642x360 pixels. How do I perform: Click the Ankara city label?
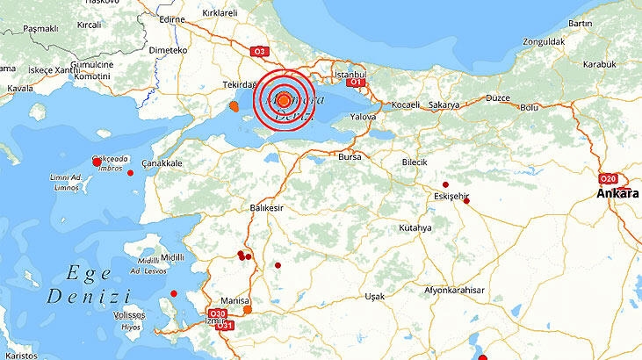617,192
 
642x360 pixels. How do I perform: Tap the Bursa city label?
350,156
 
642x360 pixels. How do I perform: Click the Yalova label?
363,115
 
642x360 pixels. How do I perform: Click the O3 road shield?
258,51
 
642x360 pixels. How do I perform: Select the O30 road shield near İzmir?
217,313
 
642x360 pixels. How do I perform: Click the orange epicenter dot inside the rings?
284,100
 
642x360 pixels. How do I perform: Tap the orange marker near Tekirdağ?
234,107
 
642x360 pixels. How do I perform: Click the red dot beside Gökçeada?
97,162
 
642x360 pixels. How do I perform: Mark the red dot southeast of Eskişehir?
466,201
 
